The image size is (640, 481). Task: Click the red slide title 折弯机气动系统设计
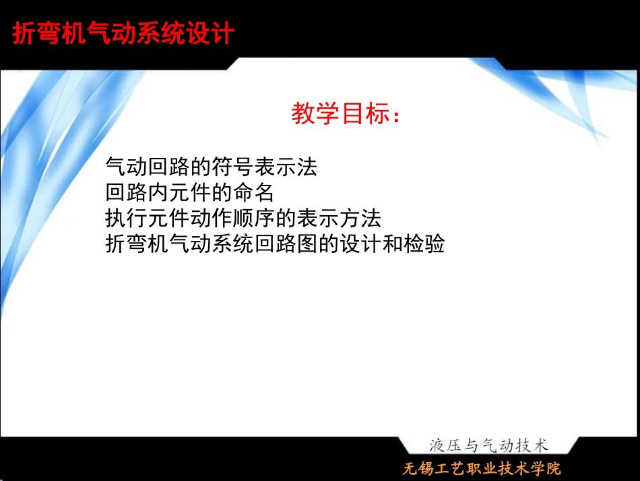point(123,34)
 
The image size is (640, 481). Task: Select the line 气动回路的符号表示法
point(211,167)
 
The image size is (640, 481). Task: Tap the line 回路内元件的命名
point(190,193)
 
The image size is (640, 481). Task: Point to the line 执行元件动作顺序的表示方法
point(243,219)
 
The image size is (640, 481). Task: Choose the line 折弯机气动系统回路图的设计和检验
point(275,244)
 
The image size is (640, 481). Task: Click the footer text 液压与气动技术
point(488,445)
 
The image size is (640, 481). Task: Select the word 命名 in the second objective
point(253,193)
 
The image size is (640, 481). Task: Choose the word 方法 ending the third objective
point(360,219)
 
